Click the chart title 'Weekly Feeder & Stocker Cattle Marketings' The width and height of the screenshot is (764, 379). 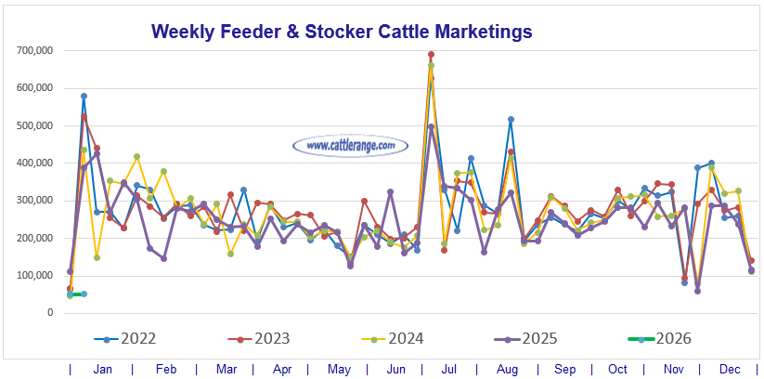pos(341,32)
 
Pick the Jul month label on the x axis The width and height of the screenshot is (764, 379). pos(448,369)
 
